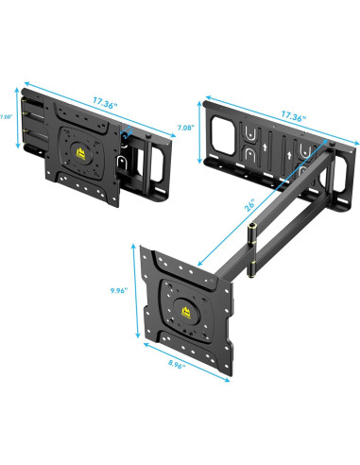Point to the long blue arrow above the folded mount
pos(94,106)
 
